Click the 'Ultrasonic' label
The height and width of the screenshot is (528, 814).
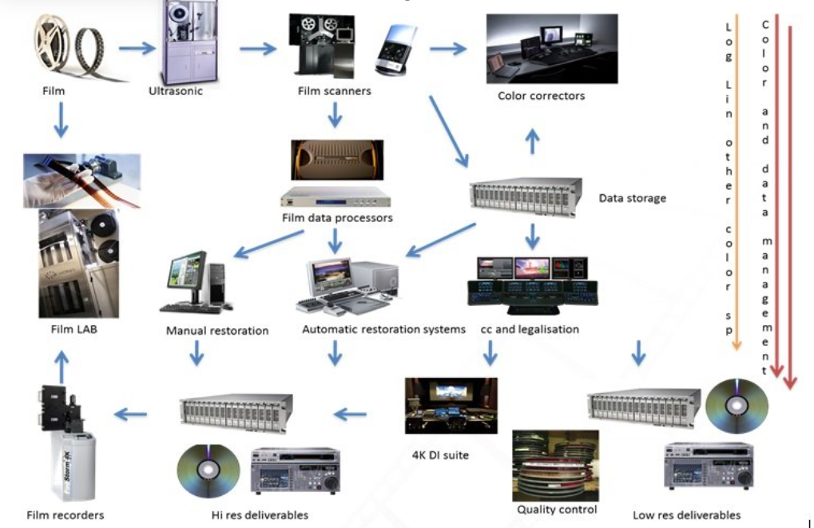click(176, 91)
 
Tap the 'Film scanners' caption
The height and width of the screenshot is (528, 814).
click(334, 91)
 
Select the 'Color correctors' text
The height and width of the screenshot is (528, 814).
click(541, 96)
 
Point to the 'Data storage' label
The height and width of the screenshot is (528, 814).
click(632, 198)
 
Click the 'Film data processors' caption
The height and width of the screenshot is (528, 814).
click(337, 217)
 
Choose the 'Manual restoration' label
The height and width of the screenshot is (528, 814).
click(217, 330)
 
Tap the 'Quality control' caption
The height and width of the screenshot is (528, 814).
click(557, 510)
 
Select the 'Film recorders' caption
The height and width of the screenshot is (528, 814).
click(66, 515)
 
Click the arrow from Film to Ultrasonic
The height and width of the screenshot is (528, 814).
click(137, 48)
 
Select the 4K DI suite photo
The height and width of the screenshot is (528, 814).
click(451, 407)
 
